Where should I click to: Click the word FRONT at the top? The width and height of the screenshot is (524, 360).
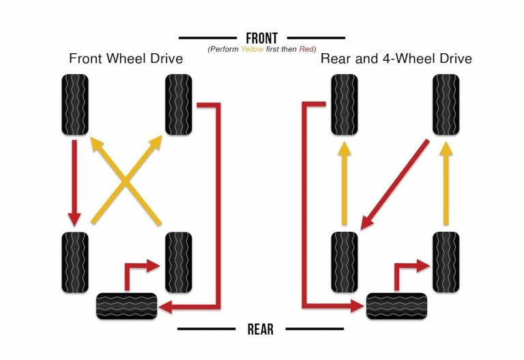(261, 37)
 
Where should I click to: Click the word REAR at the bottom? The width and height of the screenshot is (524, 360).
(260, 329)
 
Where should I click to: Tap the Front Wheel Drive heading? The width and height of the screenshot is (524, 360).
(126, 59)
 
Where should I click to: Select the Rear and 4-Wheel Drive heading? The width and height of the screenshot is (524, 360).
(396, 59)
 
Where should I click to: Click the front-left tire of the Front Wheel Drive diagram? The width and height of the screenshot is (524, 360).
(75, 104)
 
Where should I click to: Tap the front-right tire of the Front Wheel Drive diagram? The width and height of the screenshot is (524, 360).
(179, 104)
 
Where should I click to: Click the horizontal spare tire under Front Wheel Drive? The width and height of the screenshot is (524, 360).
(126, 305)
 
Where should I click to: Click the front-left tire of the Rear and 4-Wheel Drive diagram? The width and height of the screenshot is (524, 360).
(345, 104)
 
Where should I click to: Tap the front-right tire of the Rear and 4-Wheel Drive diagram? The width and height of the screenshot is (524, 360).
(446, 104)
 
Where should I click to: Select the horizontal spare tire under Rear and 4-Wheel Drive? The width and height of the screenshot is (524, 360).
(396, 305)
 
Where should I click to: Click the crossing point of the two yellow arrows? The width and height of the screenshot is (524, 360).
(126, 181)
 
